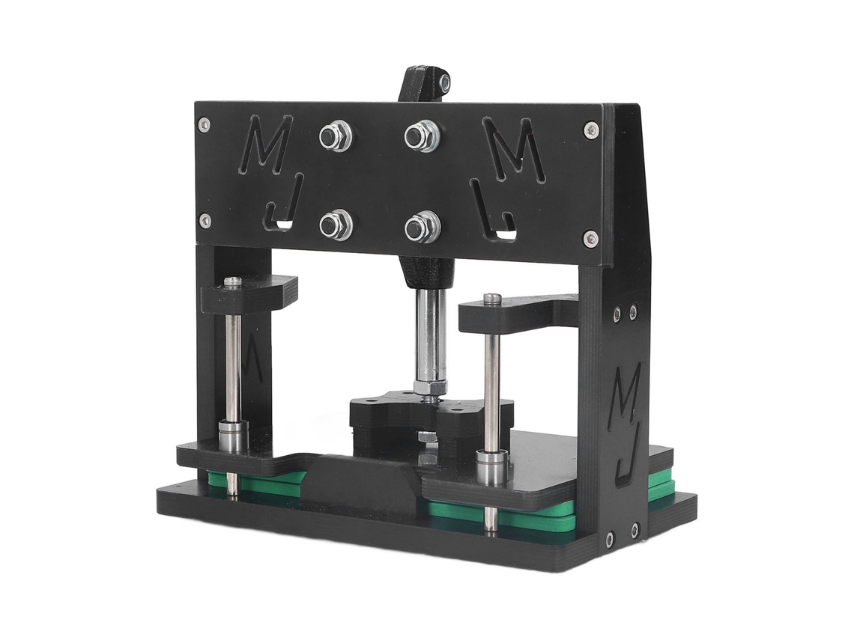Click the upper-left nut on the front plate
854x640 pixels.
tap(336, 135)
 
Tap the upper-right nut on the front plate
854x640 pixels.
tap(422, 135)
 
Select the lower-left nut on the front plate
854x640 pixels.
tap(336, 225)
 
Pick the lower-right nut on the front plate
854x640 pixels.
tap(423, 227)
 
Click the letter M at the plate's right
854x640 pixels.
tap(514, 149)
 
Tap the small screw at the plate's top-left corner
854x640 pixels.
tap(205, 124)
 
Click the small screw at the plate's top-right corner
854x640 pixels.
tap(591, 130)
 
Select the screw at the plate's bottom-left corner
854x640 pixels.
tap(205, 220)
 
